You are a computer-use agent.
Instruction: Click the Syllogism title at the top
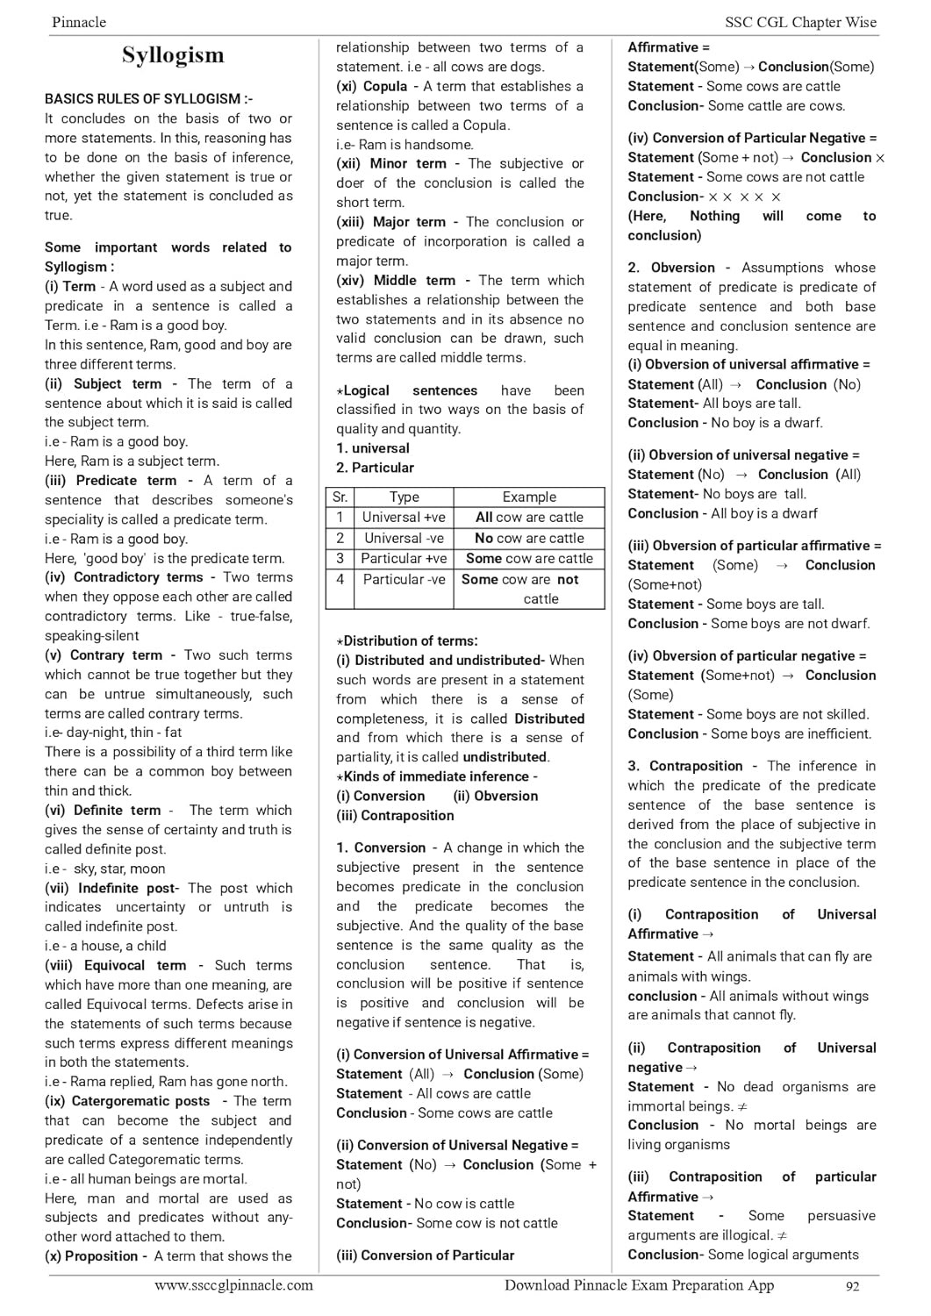pyautogui.click(x=173, y=55)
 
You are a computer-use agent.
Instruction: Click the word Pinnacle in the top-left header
pyautogui.click(x=79, y=23)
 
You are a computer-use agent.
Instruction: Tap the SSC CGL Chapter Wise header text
pyautogui.click(x=800, y=23)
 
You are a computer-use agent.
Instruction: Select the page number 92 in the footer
pyautogui.click(x=852, y=1286)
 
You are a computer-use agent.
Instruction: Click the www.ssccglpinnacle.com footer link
pyautogui.click(x=233, y=1285)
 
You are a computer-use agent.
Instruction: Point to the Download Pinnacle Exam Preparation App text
pyautogui.click(x=639, y=1285)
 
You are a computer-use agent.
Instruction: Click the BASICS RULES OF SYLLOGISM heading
pyautogui.click(x=148, y=99)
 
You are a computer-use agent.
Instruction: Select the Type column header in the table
pyautogui.click(x=404, y=497)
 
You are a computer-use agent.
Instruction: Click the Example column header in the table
pyautogui.click(x=529, y=497)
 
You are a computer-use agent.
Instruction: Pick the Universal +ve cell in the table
pyautogui.click(x=404, y=518)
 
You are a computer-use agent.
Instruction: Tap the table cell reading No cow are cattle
pyautogui.click(x=529, y=538)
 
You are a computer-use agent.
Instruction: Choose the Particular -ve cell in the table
pyautogui.click(x=404, y=579)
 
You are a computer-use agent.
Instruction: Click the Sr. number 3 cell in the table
pyautogui.click(x=340, y=558)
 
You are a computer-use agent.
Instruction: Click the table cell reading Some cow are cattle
pyautogui.click(x=529, y=558)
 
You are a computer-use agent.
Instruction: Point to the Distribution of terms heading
pyautogui.click(x=409, y=640)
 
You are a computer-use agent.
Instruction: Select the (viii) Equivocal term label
pyautogui.click(x=115, y=965)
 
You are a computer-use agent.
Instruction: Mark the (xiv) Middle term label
pyautogui.click(x=396, y=281)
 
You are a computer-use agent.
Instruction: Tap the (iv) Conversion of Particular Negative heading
pyautogui.click(x=752, y=138)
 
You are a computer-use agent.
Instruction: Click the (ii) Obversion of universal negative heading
pyautogui.click(x=743, y=454)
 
